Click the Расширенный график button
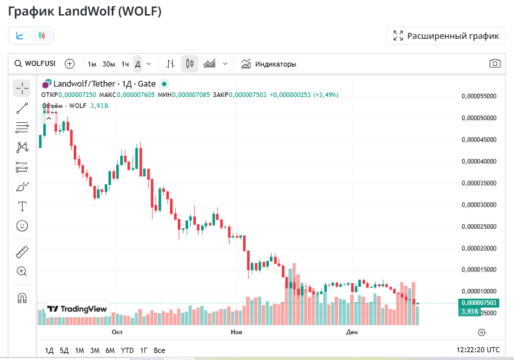click(x=446, y=36)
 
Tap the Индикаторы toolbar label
click(x=275, y=64)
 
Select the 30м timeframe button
click(x=109, y=64)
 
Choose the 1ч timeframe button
click(x=125, y=64)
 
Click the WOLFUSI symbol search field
click(x=36, y=64)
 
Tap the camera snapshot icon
click(x=495, y=63)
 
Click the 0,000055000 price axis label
click(x=479, y=96)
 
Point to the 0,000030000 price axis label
click(x=479, y=205)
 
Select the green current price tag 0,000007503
click(x=479, y=302)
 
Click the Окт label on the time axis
click(x=117, y=332)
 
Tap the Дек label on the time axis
click(x=352, y=332)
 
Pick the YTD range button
click(x=127, y=350)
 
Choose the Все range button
click(x=160, y=350)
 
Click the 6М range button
click(x=110, y=350)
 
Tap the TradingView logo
click(x=78, y=309)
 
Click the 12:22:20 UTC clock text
click(x=478, y=350)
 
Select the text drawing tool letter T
click(x=22, y=206)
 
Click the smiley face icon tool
click(x=22, y=226)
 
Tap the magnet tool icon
click(x=22, y=298)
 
